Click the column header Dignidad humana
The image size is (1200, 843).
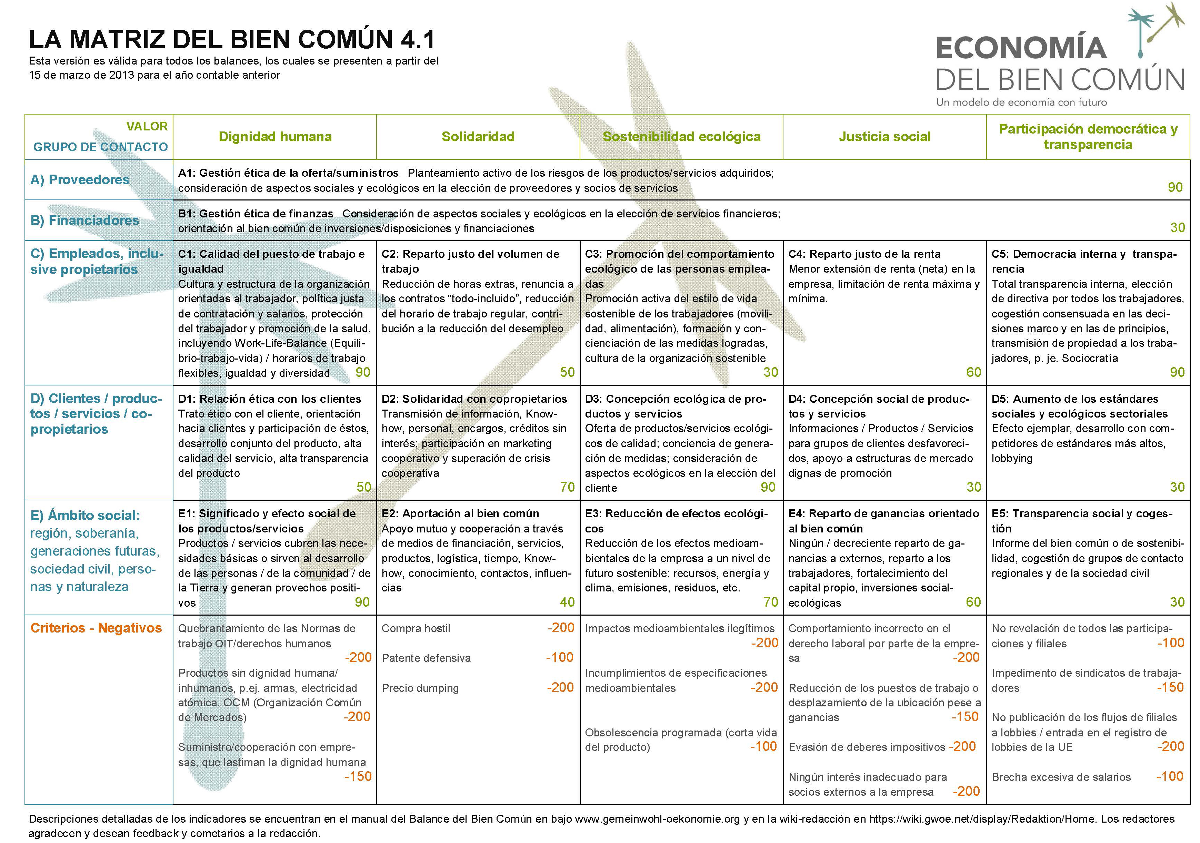[275, 137]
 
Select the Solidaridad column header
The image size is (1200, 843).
[478, 137]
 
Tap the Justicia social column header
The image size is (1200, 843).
[884, 137]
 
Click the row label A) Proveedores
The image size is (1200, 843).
[80, 180]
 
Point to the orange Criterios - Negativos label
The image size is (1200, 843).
[96, 628]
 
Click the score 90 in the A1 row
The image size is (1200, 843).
[1175, 187]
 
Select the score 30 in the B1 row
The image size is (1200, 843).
[1177, 227]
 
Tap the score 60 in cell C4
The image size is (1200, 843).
[973, 372]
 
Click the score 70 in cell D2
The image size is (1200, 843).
[567, 487]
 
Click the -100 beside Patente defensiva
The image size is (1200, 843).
[560, 657]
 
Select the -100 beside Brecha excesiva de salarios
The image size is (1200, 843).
[1169, 777]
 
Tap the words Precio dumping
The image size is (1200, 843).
[420, 688]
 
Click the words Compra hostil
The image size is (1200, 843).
[416, 629]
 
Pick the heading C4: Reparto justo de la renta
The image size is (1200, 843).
[864, 254]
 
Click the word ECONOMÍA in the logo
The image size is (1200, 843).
[1021, 48]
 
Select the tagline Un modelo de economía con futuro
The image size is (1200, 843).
[1021, 102]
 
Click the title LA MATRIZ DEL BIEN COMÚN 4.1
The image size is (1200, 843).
[231, 40]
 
